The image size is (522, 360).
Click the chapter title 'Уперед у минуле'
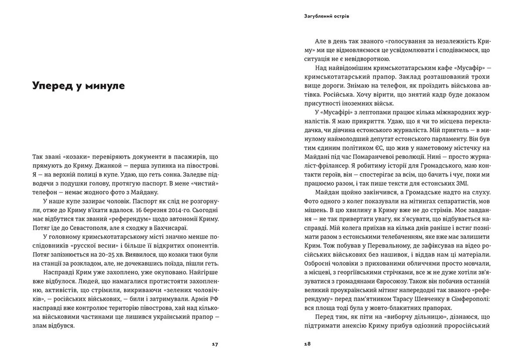[x=79, y=86]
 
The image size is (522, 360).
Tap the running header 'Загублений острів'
[x=327, y=16]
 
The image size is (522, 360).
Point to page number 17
[x=215, y=344]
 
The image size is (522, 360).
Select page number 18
[x=307, y=344]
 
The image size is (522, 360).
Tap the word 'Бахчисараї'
[x=169, y=228]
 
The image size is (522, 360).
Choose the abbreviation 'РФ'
[x=214, y=299]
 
